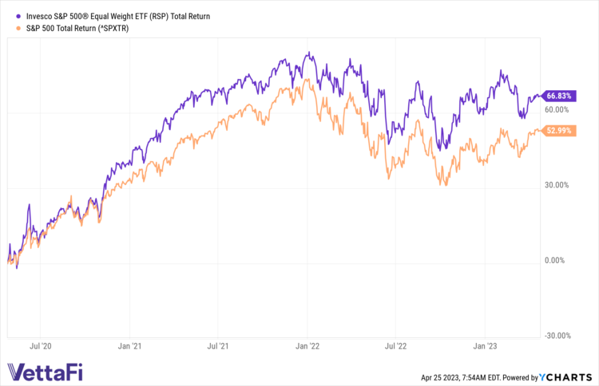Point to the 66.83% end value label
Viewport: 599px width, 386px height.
(x=557, y=96)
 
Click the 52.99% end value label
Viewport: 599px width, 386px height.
(x=557, y=130)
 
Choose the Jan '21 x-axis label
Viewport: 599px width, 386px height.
(x=129, y=347)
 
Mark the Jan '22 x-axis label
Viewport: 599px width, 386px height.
(x=307, y=347)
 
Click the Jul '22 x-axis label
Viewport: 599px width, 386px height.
(x=396, y=347)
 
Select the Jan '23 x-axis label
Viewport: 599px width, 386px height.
(x=486, y=347)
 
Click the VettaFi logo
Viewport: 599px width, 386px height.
(x=44, y=372)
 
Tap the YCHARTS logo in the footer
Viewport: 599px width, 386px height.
(x=569, y=376)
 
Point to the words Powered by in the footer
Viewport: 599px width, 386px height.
(x=525, y=376)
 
